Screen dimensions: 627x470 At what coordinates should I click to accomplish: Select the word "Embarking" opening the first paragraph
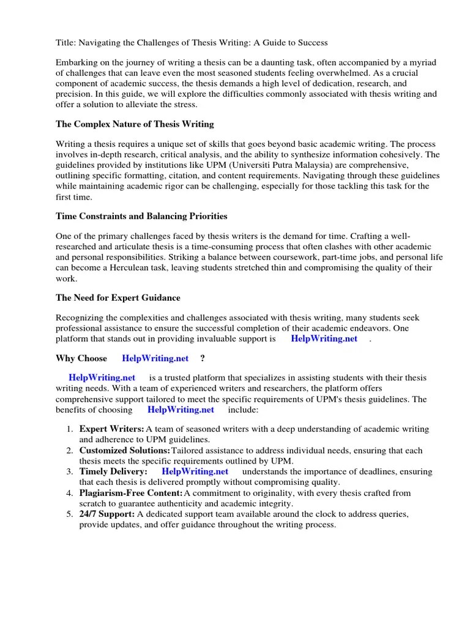(76, 62)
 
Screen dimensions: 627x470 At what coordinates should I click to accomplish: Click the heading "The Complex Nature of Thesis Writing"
(135, 124)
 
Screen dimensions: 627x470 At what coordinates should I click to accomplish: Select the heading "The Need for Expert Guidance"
(118, 298)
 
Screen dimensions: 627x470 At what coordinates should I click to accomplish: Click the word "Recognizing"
(81, 318)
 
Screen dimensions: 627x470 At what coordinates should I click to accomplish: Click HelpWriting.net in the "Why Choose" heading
(155, 358)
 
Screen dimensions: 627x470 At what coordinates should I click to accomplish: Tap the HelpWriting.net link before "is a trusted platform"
(102, 378)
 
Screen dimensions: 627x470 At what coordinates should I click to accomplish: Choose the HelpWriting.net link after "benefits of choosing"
(181, 410)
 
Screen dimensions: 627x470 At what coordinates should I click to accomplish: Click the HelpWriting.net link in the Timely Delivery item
(195, 471)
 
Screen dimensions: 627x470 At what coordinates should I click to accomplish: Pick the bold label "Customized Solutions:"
(125, 451)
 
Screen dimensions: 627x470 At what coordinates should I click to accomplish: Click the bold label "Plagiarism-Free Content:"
(131, 492)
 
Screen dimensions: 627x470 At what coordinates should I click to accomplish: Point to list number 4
(69, 492)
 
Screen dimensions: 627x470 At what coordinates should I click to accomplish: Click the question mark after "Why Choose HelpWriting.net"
(203, 358)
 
